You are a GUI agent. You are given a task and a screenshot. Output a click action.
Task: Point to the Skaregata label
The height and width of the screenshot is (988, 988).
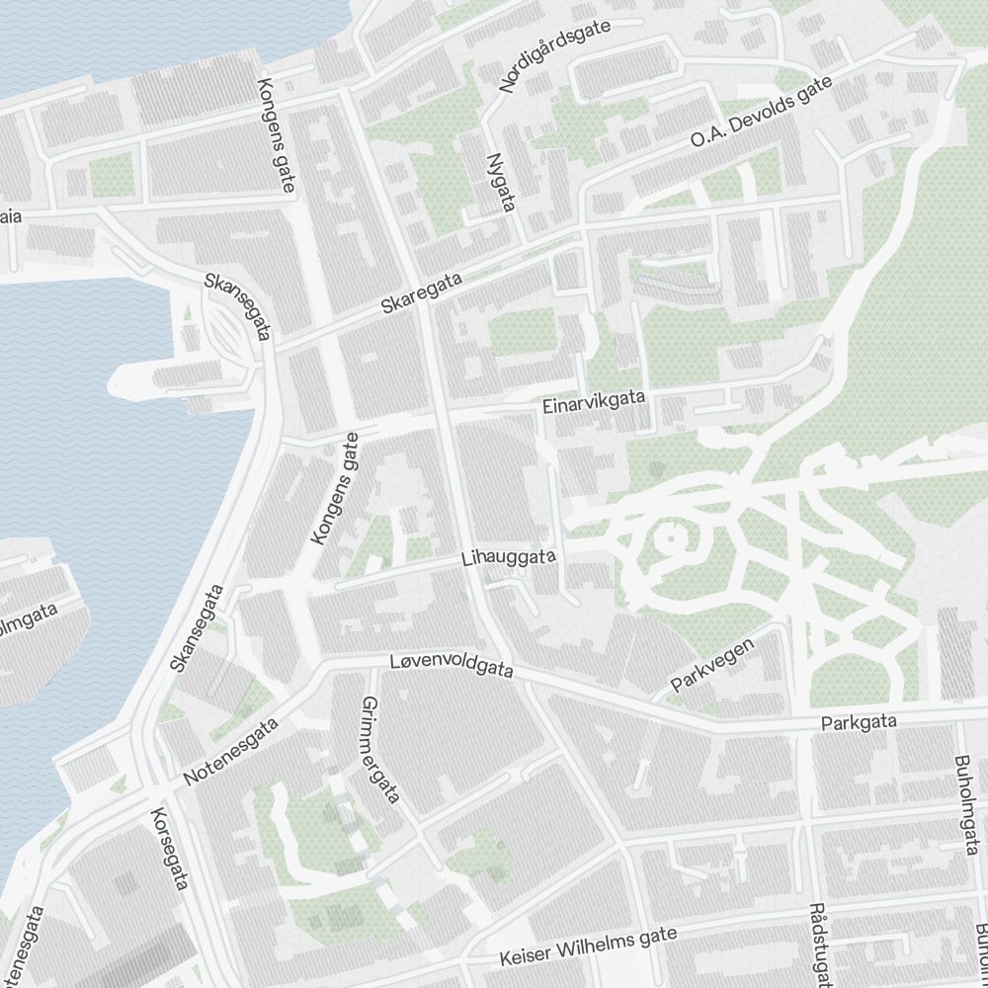[x=422, y=294]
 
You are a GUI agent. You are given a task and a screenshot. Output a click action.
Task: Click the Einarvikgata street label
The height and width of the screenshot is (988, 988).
[x=594, y=401]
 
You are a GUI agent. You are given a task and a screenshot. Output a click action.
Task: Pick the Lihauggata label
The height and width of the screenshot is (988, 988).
[x=508, y=558]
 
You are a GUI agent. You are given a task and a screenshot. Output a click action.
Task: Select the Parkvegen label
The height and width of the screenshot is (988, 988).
[x=712, y=664]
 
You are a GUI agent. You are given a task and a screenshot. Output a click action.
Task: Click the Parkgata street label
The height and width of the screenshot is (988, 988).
[x=859, y=723]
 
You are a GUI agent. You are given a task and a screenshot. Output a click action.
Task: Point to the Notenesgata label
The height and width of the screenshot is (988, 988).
[x=232, y=753]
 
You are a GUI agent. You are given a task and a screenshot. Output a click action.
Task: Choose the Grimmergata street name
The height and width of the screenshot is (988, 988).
[x=380, y=749]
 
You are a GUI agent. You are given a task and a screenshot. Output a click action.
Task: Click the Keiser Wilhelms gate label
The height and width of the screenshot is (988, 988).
[x=588, y=946]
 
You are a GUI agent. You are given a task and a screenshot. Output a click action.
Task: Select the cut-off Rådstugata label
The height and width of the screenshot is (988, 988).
[x=818, y=944]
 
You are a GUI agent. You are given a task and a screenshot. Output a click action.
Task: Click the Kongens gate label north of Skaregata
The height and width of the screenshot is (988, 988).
[x=276, y=135]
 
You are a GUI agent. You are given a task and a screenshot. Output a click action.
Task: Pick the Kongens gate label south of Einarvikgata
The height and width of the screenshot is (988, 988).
[x=335, y=488]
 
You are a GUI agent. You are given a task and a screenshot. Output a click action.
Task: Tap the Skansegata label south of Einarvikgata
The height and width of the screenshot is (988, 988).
[x=197, y=628]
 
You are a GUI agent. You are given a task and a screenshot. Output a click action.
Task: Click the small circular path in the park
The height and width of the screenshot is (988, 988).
[x=670, y=539]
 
